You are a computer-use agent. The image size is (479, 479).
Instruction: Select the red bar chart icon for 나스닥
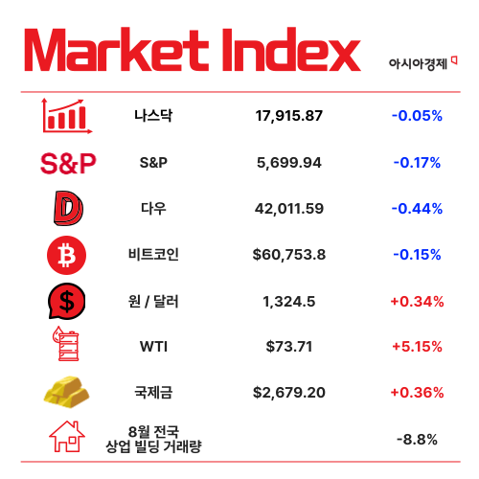coord(66,115)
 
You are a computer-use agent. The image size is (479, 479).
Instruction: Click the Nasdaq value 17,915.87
coord(289,116)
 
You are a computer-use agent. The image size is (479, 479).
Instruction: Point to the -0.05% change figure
coord(417,116)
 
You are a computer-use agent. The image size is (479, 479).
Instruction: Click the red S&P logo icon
coord(68,163)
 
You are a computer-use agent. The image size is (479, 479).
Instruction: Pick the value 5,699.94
coord(289,162)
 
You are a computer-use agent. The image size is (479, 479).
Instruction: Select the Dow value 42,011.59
coord(289,208)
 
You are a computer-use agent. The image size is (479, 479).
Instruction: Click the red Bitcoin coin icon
coord(67,254)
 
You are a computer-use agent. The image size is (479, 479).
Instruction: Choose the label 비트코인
coord(153,254)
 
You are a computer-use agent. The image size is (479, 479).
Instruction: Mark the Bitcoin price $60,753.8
coord(289,254)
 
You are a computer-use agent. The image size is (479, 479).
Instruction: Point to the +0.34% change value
coord(417,301)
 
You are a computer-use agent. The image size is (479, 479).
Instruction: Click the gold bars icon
coord(67,393)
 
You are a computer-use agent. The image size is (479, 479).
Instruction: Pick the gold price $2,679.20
coord(289,393)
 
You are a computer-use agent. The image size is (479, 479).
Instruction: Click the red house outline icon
coord(67,438)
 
